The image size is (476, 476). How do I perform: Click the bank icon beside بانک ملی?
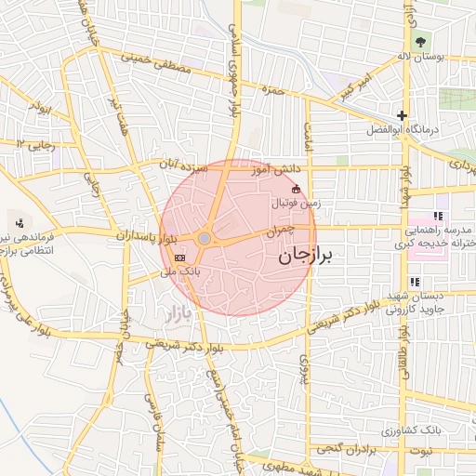[180, 258]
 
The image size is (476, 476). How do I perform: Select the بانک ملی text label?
[180, 271]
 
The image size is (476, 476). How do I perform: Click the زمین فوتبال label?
[297, 203]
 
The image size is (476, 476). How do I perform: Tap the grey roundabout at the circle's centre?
[205, 239]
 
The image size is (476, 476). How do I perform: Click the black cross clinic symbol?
[402, 115]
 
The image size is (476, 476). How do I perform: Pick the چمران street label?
[280, 229]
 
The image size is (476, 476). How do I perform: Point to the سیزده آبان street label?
[182, 165]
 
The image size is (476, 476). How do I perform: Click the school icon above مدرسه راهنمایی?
[437, 216]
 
